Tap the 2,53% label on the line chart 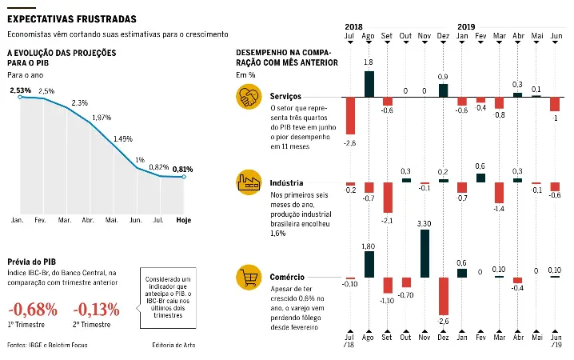pyautogui.click(x=21, y=90)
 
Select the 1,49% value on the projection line pyautogui.click(x=122, y=139)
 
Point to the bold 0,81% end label pyautogui.click(x=183, y=169)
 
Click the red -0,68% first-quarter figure pyautogui.click(x=33, y=309)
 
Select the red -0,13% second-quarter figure pyautogui.click(x=96, y=309)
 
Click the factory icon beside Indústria pyautogui.click(x=249, y=182)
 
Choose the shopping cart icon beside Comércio pyautogui.click(x=249, y=278)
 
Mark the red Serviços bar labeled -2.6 pyautogui.click(x=349, y=116)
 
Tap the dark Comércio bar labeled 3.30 pyautogui.click(x=425, y=254)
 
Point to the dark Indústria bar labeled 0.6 pyautogui.click(x=480, y=178)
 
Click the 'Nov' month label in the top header pyautogui.click(x=425, y=36)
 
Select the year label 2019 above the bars pyautogui.click(x=466, y=26)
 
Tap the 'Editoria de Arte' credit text pyautogui.click(x=173, y=346)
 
